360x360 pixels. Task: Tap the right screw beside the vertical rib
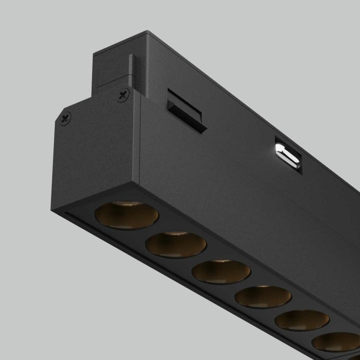point(123,95)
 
